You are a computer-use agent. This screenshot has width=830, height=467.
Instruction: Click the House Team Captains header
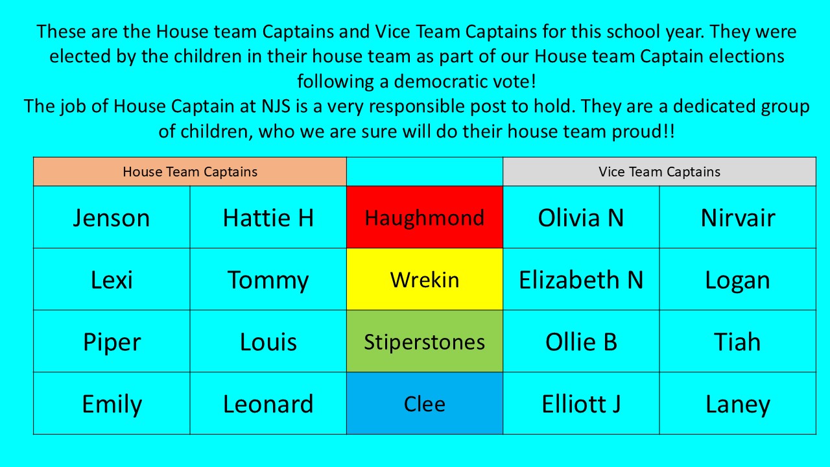click(x=190, y=172)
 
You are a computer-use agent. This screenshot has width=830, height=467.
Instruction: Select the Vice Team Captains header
click(x=659, y=172)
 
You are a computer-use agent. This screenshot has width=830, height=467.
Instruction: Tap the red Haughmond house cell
click(x=425, y=217)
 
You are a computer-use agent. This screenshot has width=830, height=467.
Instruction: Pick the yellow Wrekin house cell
click(x=425, y=279)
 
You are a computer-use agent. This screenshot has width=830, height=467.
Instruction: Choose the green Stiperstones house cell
click(x=425, y=341)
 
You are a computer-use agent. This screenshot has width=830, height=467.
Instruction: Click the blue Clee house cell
click(x=425, y=403)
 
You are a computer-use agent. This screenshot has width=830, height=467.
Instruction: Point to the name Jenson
click(x=112, y=218)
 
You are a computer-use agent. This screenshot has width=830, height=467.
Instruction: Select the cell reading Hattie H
click(x=268, y=217)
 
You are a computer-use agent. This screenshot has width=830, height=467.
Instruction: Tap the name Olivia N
click(x=580, y=217)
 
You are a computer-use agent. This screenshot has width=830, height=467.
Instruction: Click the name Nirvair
click(x=738, y=217)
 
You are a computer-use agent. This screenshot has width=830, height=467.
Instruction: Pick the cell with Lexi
click(x=112, y=279)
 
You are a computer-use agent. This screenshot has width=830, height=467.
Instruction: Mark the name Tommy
click(x=268, y=281)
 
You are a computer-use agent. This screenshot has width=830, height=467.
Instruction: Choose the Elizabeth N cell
click(x=581, y=279)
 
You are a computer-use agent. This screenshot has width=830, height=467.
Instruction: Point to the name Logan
click(x=737, y=281)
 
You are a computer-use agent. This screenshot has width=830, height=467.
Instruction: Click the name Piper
click(x=112, y=343)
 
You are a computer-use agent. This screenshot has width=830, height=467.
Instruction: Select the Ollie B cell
click(x=581, y=341)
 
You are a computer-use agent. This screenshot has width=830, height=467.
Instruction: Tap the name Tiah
click(x=737, y=341)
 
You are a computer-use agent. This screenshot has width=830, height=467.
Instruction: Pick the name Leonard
click(x=268, y=403)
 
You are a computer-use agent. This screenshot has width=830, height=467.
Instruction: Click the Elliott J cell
click(x=581, y=403)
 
